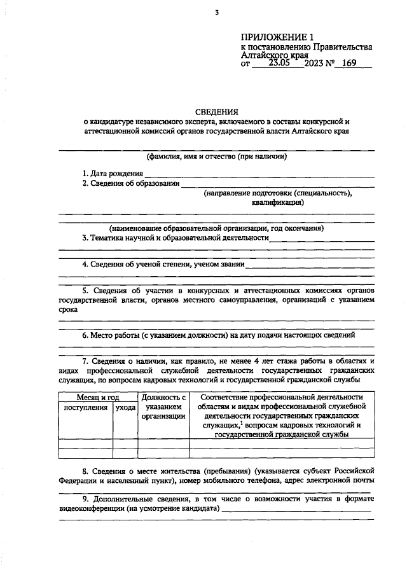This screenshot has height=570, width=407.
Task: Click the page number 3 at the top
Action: point(216,13)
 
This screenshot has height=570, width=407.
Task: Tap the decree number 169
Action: point(350,64)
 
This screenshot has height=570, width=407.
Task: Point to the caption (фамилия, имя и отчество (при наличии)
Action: point(216,156)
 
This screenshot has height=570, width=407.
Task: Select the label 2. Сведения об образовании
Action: point(130,183)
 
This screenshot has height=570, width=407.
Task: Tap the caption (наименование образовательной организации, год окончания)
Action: point(216,228)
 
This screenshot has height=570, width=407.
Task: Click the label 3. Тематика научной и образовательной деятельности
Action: point(175,238)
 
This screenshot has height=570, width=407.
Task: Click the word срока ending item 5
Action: point(68,310)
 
